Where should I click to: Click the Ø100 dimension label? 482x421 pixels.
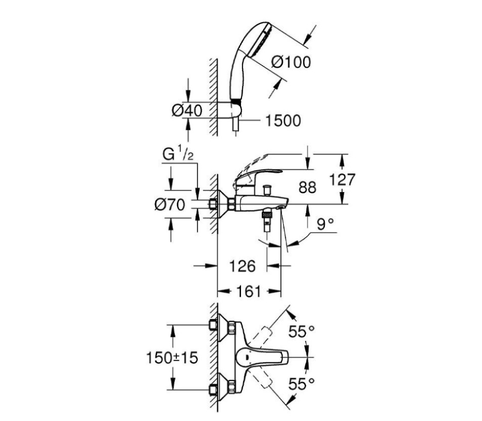[291, 62]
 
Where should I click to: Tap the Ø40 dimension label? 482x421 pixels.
[187, 110]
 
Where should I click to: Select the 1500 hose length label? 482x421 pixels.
[283, 121]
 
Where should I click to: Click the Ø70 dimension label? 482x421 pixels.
[170, 205]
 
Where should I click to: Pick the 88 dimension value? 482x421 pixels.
[307, 188]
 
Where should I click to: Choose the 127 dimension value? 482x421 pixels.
[342, 179]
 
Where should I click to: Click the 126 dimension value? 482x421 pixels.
[243, 266]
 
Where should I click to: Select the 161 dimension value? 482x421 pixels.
[249, 291]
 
